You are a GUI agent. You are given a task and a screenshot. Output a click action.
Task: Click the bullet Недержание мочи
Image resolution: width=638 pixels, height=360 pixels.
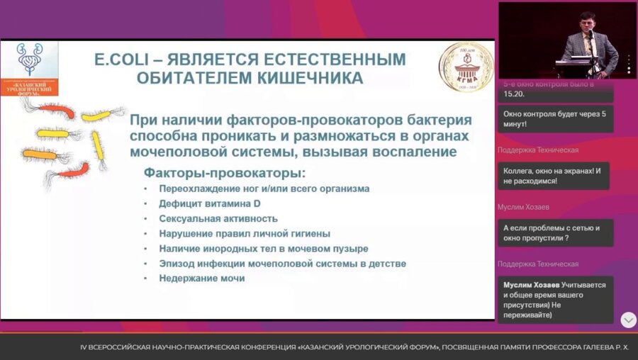click(201, 279)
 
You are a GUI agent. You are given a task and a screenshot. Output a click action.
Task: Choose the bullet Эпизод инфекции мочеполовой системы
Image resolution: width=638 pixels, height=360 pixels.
click(282, 264)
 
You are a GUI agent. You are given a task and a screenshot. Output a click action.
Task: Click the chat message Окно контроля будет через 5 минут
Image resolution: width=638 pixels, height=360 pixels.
click(554, 118)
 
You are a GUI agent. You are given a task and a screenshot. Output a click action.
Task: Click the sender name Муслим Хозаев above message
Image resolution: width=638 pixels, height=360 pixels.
click(523, 206)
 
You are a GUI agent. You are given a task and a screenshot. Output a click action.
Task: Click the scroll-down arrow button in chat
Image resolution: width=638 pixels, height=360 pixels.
click(628, 320)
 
